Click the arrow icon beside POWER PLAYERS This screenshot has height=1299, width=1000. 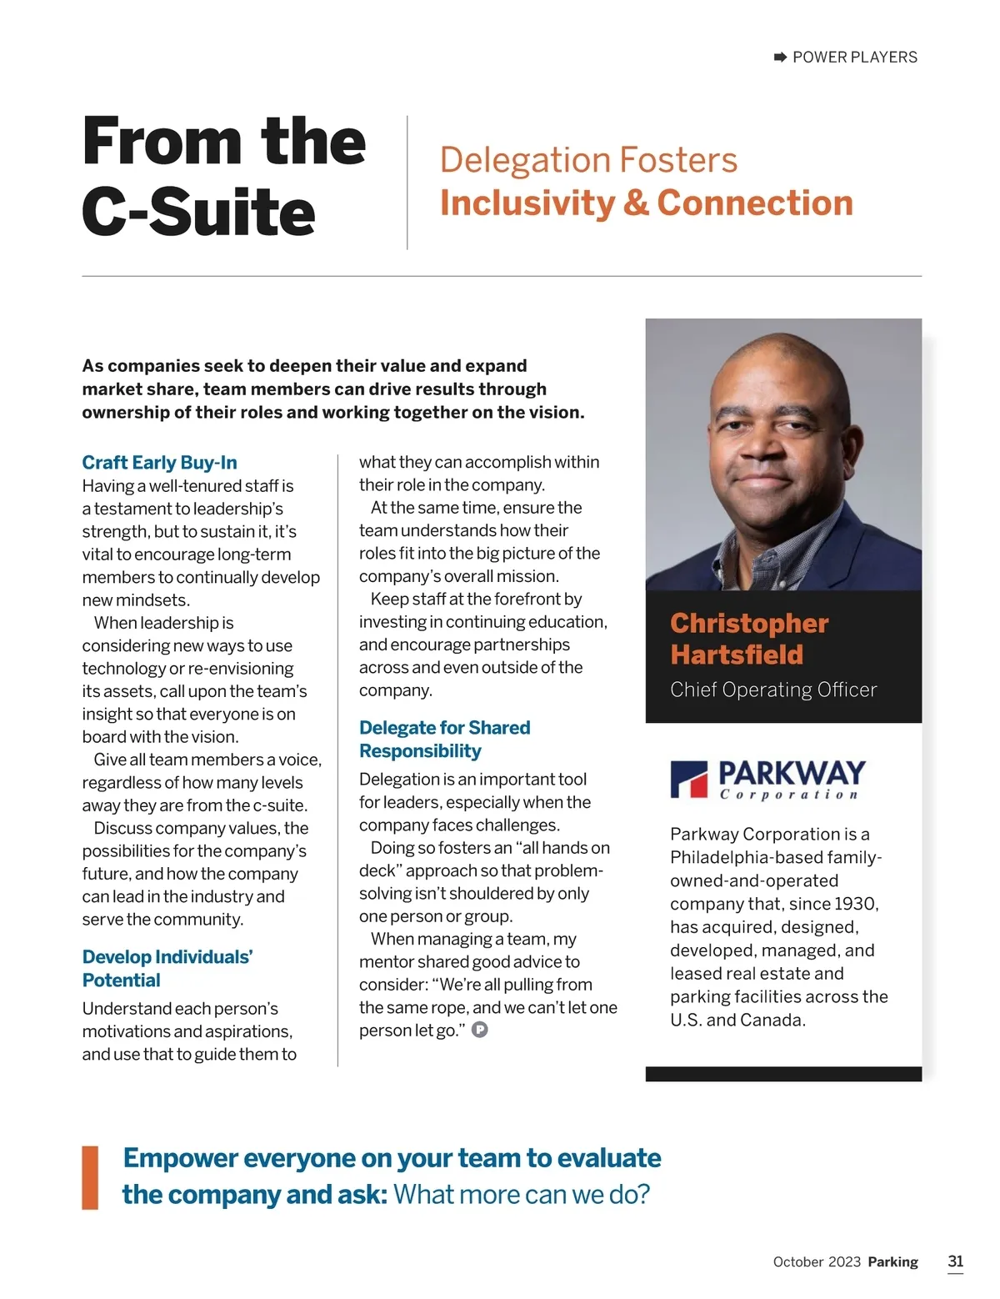pos(780,57)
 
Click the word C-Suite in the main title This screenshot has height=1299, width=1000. pos(198,212)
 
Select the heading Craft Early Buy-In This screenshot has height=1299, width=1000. pos(159,463)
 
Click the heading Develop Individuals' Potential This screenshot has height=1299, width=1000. pos(167,968)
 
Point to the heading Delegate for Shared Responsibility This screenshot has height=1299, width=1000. pos(444,739)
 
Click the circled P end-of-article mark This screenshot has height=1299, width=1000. pos(480,1030)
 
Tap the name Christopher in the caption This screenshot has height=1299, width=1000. pos(748,624)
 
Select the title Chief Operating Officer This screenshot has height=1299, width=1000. pos(772,690)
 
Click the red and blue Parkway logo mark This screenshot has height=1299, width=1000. pos(689,780)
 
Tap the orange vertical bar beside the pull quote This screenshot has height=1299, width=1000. pos(90,1177)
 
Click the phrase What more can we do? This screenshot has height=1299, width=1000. pos(521,1194)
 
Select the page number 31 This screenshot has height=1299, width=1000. pos(955,1261)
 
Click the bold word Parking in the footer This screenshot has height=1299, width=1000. pos(892,1261)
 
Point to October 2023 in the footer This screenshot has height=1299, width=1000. pos(816,1261)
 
